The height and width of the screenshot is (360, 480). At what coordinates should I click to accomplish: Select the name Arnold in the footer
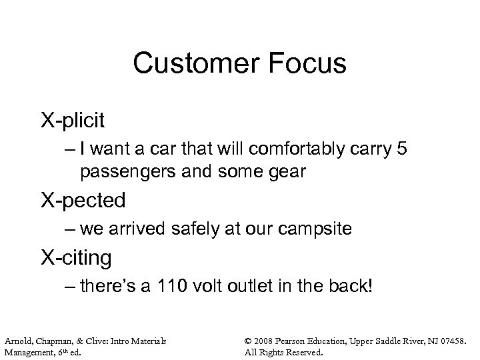(19, 341)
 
